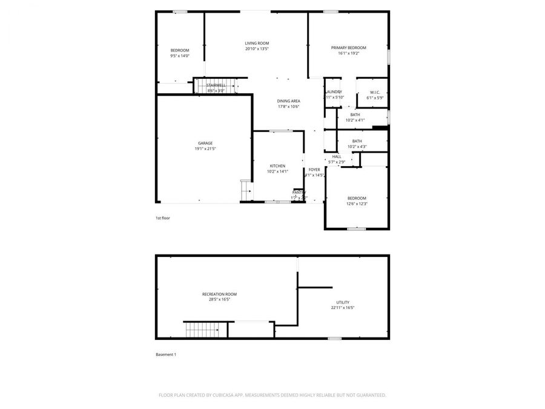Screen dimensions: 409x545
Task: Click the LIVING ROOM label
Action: [x=257, y=44]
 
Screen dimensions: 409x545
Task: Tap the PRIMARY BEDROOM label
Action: [x=348, y=47]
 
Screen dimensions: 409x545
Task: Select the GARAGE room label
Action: [x=205, y=143]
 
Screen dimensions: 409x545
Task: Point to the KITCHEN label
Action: [x=277, y=166]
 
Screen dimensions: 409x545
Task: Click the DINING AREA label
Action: [x=288, y=101]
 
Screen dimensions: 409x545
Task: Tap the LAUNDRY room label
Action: [x=334, y=92]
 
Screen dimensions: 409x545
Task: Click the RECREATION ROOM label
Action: [x=219, y=294]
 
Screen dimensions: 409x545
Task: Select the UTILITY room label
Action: [x=343, y=302]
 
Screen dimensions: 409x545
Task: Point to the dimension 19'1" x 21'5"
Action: [x=205, y=148]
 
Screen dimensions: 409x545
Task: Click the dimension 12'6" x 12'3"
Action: [x=357, y=204]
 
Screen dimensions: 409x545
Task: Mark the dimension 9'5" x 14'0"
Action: [x=180, y=56]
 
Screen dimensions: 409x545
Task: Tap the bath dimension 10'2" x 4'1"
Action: [x=355, y=120]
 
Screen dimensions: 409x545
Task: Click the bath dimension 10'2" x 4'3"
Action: [x=357, y=147]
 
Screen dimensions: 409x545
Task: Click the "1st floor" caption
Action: [x=162, y=218]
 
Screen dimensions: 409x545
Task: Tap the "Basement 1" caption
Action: [x=166, y=354]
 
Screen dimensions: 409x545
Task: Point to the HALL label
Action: [x=337, y=157]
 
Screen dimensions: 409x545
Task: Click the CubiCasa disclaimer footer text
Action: [x=272, y=395]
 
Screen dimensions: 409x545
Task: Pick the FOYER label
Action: [x=314, y=170]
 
